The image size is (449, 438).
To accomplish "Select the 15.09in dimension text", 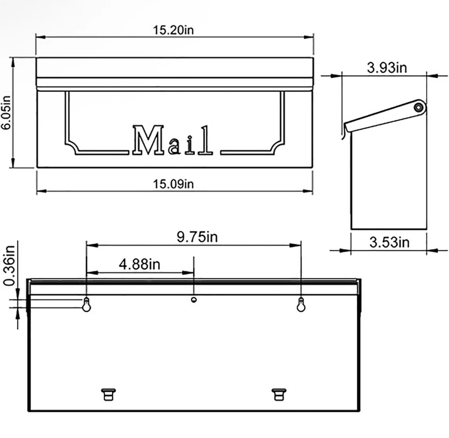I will point(174,184).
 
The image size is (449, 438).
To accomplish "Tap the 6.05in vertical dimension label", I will point(6,112).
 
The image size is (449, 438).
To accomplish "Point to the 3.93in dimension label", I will point(387,68).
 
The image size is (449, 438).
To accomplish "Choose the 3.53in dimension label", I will point(389,242).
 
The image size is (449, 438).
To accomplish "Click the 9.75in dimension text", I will point(197,237).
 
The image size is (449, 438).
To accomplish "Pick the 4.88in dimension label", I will point(139,265).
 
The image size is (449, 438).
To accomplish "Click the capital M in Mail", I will point(148,140).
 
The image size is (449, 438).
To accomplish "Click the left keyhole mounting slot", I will point(86,305).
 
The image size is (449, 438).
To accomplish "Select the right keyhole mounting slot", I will point(301,305).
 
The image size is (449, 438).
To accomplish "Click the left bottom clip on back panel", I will point(108,394).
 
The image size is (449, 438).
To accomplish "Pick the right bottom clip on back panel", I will point(279,394).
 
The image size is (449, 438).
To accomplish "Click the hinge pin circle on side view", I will point(418,108).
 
